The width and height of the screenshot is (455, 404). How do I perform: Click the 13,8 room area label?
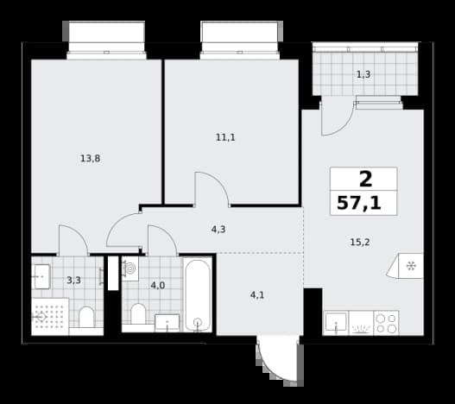point(91,159)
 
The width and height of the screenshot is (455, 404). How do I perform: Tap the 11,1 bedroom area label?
point(225,137)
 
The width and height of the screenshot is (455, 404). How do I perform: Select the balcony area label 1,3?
point(363,74)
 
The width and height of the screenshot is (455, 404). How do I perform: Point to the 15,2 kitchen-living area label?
point(360,242)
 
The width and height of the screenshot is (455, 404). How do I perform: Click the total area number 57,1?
point(359,203)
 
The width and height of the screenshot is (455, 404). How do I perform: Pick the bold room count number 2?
point(365,179)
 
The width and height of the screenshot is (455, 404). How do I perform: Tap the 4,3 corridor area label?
point(218,230)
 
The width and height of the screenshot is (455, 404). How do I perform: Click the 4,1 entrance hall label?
point(257,295)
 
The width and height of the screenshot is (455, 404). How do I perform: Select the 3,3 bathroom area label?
point(73,281)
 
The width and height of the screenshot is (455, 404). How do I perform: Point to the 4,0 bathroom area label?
point(158,286)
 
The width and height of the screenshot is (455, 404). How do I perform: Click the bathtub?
point(198,295)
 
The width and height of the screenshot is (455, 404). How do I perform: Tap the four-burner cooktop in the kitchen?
point(386,324)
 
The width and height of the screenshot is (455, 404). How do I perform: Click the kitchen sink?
point(336,322)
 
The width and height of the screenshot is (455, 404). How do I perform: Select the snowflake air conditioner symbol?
point(410,266)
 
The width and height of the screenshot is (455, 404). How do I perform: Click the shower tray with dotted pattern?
point(50,317)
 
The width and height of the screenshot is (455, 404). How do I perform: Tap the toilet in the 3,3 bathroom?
point(86,318)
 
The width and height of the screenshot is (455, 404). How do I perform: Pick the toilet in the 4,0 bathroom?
point(138,314)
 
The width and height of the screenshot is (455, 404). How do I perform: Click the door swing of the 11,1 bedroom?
point(218,182)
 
